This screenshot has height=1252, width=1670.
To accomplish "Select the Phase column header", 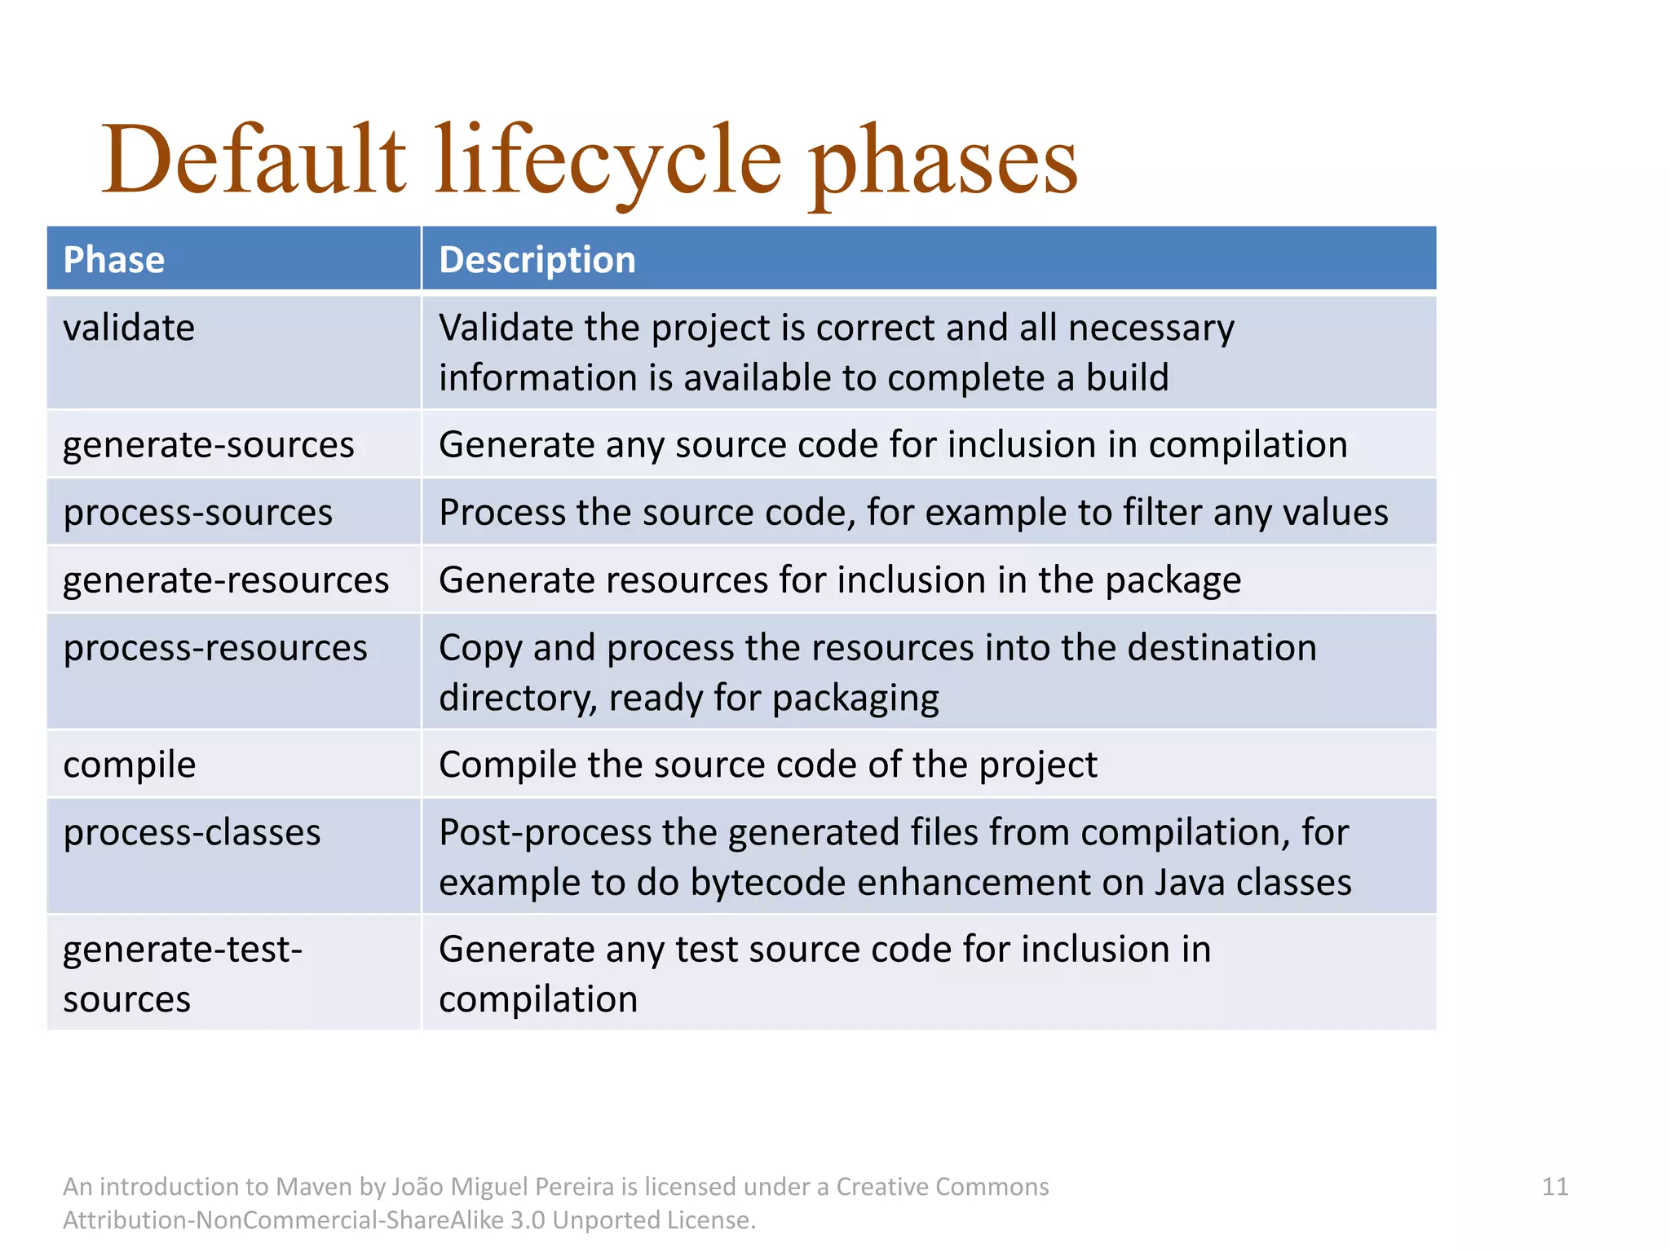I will tap(114, 260).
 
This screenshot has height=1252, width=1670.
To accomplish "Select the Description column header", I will tap(537, 260).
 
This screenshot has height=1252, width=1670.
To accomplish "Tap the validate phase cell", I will tap(129, 328).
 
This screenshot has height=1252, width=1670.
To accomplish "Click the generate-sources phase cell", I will tap(209, 445).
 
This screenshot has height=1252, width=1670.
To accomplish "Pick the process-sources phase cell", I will tap(198, 513).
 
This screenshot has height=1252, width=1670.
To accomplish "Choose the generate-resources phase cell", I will tap(226, 580).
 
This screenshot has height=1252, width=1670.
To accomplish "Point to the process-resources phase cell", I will tap(215, 648).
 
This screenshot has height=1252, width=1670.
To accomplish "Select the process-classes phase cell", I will tap(192, 833).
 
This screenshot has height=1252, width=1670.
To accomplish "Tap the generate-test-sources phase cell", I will tap(183, 974).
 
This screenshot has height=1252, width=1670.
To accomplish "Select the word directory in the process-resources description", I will tap(518, 699).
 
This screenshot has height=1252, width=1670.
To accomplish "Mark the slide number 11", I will tap(1555, 1187).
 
